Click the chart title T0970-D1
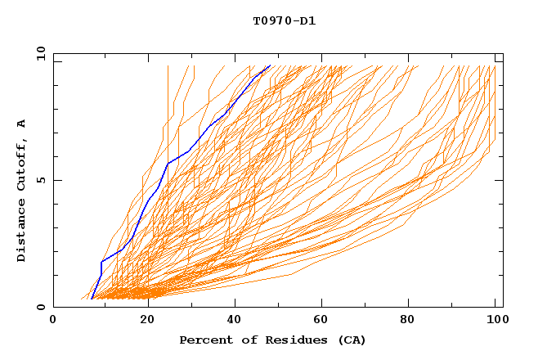tap(285, 20)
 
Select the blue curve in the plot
tap(168, 164)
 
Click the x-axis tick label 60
tap(323, 322)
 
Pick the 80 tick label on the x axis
tap(413, 322)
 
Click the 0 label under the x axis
tap(53, 322)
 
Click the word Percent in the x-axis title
tap(204, 340)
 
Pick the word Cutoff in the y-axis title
tap(22, 161)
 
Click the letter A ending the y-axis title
tap(22, 123)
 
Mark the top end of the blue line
tap(270, 65)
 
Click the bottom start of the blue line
tap(92, 299)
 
